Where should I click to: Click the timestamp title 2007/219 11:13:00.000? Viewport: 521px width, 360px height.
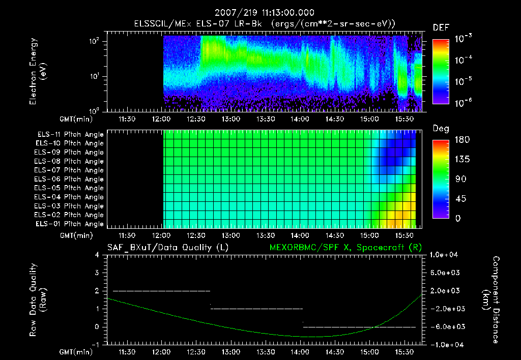coord(264,13)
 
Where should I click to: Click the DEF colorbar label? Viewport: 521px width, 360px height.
coord(441,27)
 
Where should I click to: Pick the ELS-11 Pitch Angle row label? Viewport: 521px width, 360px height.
coord(70,135)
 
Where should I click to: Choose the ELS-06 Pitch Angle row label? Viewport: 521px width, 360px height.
coord(70,179)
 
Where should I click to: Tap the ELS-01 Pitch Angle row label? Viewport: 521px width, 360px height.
coord(70,224)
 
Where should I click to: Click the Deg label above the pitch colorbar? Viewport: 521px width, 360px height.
coord(441,129)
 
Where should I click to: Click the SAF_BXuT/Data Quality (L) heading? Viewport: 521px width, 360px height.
coord(167,248)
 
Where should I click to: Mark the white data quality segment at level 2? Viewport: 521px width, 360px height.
coord(161,291)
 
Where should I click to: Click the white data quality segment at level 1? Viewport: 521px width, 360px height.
coord(256,309)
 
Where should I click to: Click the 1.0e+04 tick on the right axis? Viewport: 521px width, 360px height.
coord(446,255)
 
